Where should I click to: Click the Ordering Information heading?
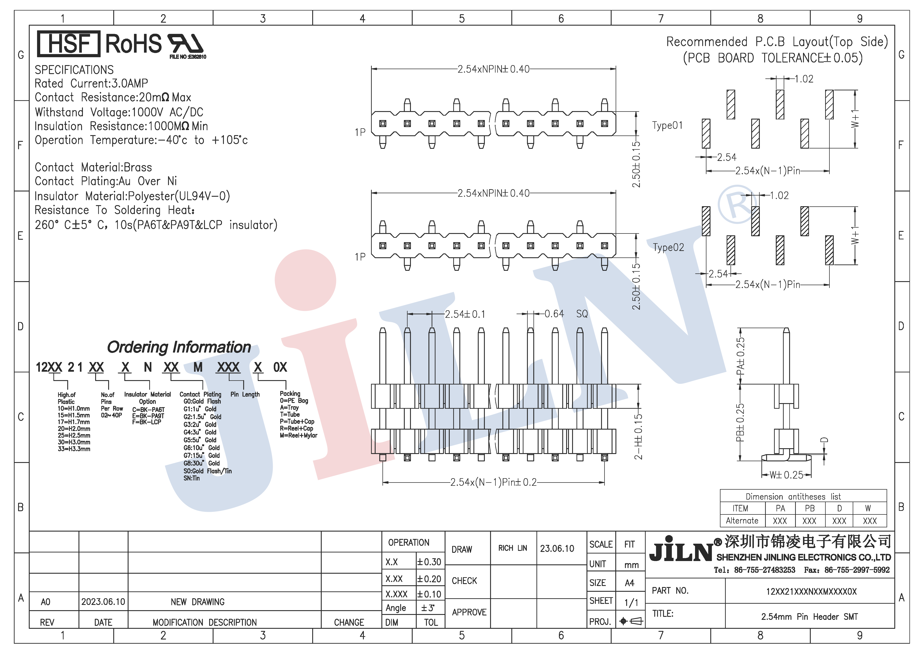tap(179, 347)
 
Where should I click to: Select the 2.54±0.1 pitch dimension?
tap(465, 314)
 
